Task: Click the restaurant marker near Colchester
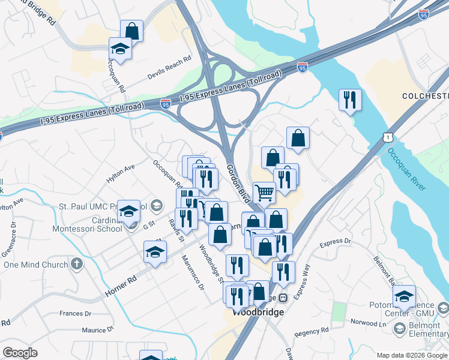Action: tap(350, 100)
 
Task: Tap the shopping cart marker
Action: tap(264, 193)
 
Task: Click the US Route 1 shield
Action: tap(388, 137)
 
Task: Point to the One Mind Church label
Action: tap(35, 265)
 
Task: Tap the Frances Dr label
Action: tap(75, 313)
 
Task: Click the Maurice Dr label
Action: tap(97, 329)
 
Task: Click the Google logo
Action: tap(20, 352)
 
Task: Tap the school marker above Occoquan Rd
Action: tap(120, 49)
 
